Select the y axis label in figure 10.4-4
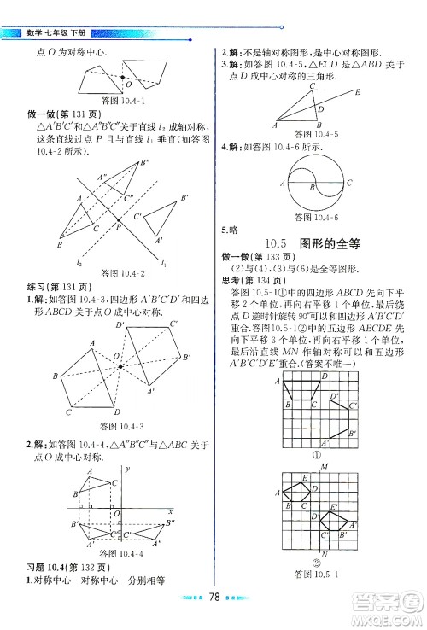126,470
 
